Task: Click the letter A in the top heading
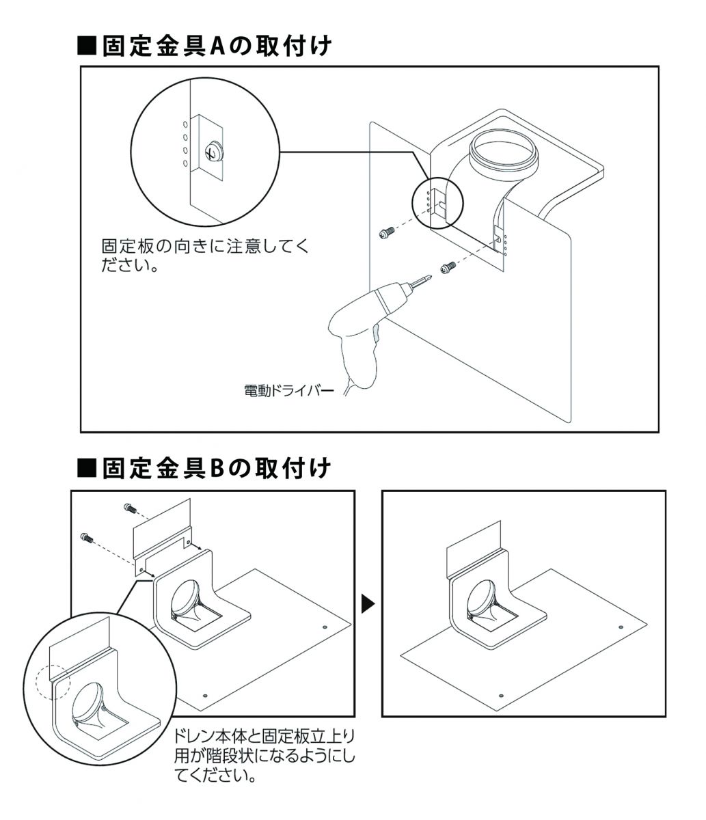coord(217,46)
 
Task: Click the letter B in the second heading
coord(217,469)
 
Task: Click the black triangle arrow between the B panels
coord(368,603)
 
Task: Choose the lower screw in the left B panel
coord(86,537)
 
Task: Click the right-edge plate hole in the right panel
coord(620,627)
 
